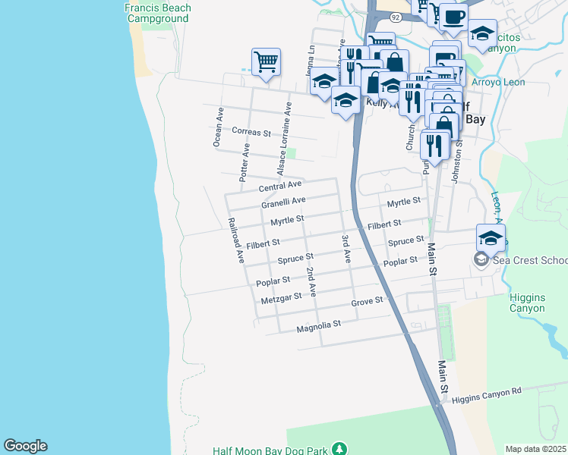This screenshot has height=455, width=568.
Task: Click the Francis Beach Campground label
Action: point(158,14)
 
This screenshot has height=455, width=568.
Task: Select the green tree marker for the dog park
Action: point(341,450)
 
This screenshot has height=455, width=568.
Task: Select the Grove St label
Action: point(367,302)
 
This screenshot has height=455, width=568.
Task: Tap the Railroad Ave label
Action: point(235,240)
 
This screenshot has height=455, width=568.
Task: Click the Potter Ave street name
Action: point(245,161)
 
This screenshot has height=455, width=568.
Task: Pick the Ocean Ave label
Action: point(219,127)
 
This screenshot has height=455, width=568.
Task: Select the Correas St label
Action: point(251,132)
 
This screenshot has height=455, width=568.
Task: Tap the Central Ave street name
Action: point(280,186)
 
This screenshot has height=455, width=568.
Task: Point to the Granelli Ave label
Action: point(283,202)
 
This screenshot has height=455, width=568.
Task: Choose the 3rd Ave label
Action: point(346,248)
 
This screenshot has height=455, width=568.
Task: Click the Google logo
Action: point(25,446)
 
